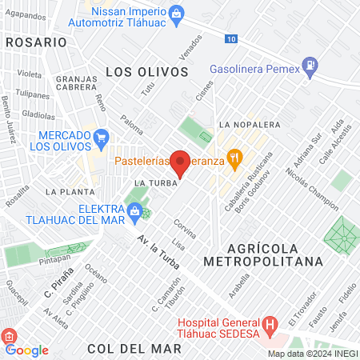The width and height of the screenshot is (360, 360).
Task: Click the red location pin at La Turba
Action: [x=181, y=162]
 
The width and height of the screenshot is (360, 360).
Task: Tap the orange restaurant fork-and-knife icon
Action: [x=234, y=158]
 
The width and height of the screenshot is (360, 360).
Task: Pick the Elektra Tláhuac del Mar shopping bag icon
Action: [x=134, y=210]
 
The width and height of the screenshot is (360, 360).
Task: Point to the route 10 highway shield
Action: [x=231, y=38]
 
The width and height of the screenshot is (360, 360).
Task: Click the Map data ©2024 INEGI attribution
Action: [x=311, y=354]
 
